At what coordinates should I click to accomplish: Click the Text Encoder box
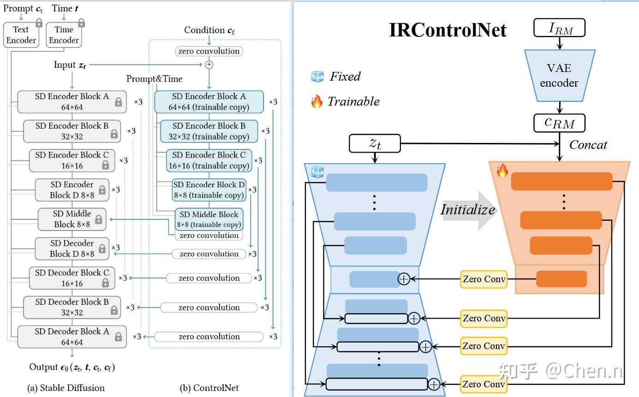coord(21,35)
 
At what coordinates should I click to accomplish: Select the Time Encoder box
coord(64,35)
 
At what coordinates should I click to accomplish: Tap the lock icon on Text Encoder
coord(39,23)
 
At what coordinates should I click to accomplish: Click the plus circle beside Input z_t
coord(209,65)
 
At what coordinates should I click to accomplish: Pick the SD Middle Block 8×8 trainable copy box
coord(209,219)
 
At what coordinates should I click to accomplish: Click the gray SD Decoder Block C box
coord(72,278)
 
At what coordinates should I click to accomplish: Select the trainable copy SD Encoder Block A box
coord(209,102)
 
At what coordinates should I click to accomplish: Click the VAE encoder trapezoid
coord(560,76)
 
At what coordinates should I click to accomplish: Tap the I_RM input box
coord(560,28)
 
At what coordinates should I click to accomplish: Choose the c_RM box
coord(560,123)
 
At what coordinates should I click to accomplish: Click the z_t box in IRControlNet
coord(375,143)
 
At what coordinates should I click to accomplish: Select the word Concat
coord(588,145)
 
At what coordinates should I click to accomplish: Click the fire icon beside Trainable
coord(317,101)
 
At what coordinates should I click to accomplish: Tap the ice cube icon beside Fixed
coord(317,77)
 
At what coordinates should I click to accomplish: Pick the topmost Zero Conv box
coord(484,279)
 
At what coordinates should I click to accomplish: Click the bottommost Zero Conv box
coord(484,384)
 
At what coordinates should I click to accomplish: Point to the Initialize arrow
coord(468,210)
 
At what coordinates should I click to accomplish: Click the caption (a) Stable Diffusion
coord(66,388)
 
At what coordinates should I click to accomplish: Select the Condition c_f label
coord(209,30)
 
